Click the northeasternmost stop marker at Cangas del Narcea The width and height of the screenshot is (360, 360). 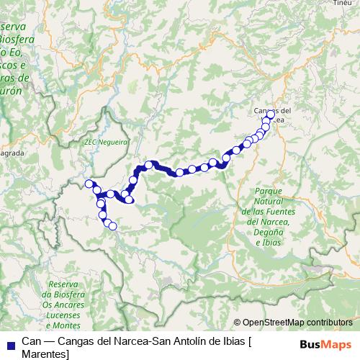coord(271,114)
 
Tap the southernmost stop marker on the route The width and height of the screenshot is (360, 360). coord(112,226)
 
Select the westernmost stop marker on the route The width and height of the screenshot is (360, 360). coord(89,184)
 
